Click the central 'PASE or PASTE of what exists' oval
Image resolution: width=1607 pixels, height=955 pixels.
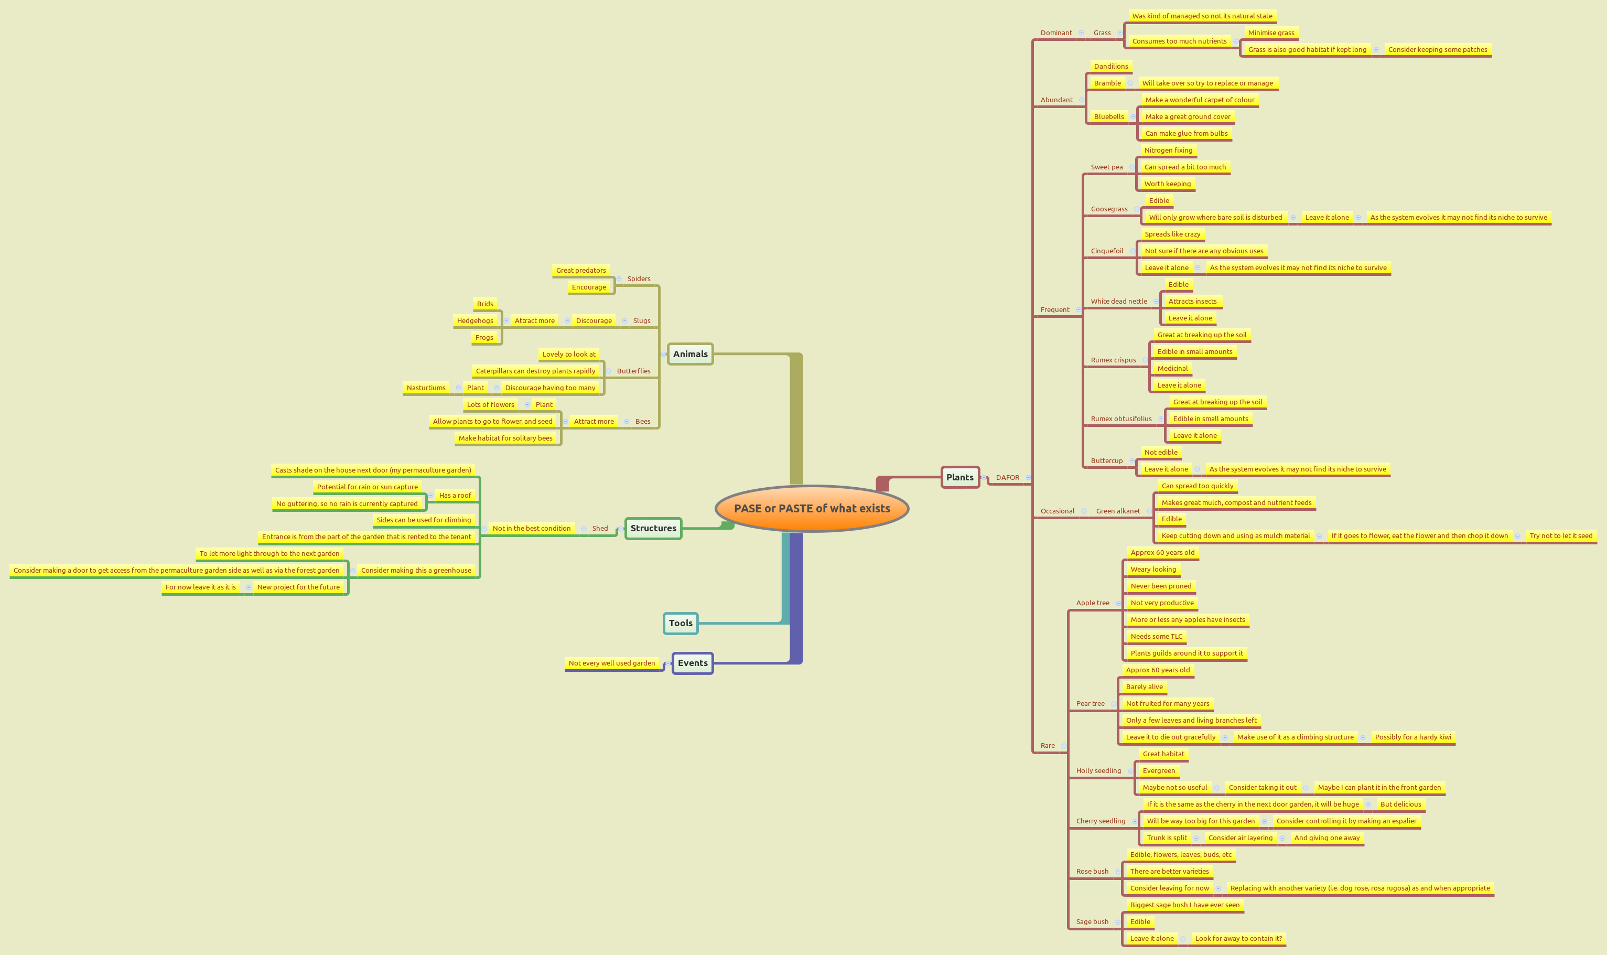[812, 508]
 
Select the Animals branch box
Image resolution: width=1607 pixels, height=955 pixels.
[691, 354]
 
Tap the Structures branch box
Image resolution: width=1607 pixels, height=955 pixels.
[653, 528]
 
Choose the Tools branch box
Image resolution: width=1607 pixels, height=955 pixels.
[681, 623]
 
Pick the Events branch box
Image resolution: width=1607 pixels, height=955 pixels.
[692, 663]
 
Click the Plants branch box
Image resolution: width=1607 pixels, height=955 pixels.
[960, 477]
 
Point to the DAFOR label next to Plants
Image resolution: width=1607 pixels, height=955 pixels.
[1007, 477]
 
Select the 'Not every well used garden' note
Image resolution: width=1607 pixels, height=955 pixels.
[612, 663]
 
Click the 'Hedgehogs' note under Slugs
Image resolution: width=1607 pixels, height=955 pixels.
[475, 320]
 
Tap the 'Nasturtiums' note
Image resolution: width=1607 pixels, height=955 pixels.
[426, 388]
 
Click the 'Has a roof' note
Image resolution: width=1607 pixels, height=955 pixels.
[455, 496]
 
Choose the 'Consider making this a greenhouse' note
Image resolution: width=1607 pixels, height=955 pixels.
[416, 570]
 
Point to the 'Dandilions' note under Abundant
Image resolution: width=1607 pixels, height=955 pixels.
[1111, 66]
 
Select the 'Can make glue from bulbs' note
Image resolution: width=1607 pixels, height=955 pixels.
[1187, 134]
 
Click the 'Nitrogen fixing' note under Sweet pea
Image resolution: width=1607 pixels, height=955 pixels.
[1168, 151]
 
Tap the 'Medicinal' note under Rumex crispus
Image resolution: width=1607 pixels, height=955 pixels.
[1172, 369]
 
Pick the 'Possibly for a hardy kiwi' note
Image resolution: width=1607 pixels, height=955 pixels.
[1412, 737]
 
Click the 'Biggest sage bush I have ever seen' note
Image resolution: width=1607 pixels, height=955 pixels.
[1184, 905]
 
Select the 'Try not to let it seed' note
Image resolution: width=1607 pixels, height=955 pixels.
[1561, 536]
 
